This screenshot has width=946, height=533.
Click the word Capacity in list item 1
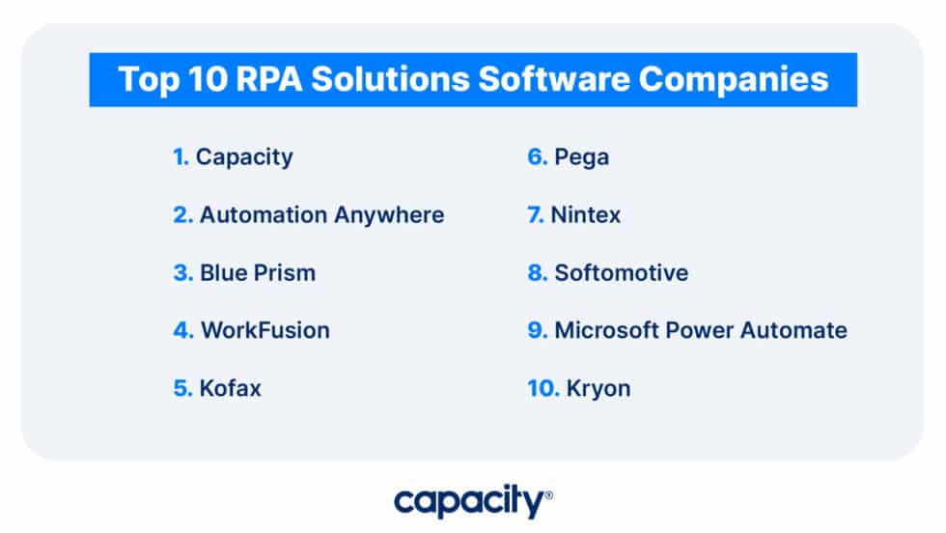[244, 156]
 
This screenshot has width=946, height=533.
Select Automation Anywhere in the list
[321, 214]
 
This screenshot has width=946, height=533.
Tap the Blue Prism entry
[258, 272]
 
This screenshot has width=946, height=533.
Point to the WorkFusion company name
[264, 330]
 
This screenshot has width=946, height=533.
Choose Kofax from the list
[230, 388]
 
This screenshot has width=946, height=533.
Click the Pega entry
[581, 156]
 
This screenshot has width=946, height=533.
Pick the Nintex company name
[586, 214]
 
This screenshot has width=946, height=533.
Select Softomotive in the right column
[621, 272]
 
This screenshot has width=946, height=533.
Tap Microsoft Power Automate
[700, 330]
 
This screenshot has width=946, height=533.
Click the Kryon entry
[599, 388]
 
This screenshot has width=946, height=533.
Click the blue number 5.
[182, 388]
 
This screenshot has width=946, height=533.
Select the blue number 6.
[537, 156]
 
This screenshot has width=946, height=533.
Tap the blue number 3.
[182, 272]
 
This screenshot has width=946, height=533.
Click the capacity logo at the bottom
[469, 502]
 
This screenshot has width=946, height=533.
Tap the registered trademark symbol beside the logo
[549, 494]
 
